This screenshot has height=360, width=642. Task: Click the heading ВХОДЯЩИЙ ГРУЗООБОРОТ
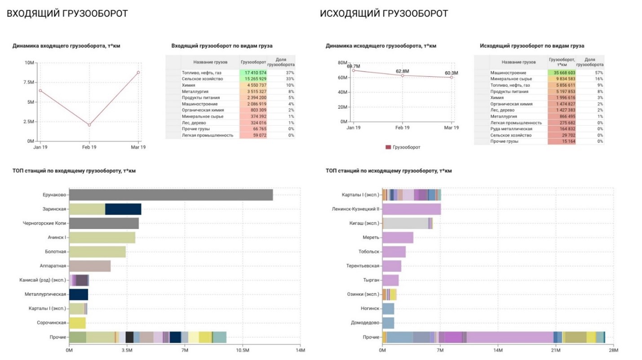(x=67, y=13)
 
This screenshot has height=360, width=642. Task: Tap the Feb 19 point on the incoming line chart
(x=89, y=125)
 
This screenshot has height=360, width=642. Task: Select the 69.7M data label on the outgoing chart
(x=354, y=66)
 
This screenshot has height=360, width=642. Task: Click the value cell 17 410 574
(x=253, y=73)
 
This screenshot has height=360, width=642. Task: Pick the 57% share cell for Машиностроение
(x=590, y=73)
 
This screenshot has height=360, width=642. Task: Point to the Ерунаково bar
(x=171, y=195)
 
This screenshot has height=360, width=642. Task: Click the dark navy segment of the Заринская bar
(x=123, y=209)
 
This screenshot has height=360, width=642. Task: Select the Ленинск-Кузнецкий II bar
(x=412, y=209)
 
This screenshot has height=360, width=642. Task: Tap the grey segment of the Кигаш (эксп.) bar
(x=406, y=223)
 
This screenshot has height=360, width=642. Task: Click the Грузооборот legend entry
(x=403, y=147)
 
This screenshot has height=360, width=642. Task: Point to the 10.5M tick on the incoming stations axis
(x=243, y=350)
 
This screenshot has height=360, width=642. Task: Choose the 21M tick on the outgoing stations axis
(x=556, y=350)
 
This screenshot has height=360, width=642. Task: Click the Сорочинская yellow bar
(x=77, y=323)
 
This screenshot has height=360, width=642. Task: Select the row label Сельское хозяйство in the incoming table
(x=202, y=79)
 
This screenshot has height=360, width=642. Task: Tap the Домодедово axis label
(x=365, y=323)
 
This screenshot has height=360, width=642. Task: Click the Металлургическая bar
(x=79, y=295)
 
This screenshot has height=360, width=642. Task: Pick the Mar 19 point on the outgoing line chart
(x=452, y=77)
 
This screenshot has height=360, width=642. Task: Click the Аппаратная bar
(x=90, y=266)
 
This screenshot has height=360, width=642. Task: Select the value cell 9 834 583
(x=562, y=79)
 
